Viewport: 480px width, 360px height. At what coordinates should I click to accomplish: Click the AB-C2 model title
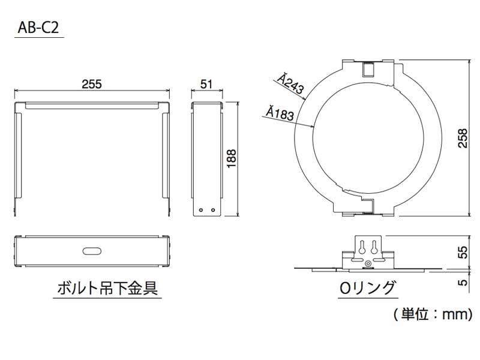click(x=38, y=28)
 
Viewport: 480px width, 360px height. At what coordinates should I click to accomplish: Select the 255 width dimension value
click(x=92, y=84)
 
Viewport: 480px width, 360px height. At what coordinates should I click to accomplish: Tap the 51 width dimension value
click(x=206, y=84)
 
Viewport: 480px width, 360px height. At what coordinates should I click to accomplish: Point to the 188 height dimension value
click(x=232, y=158)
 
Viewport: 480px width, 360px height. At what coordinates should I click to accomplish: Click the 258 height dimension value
click(x=463, y=139)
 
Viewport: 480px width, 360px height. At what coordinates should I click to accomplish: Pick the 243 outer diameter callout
click(x=290, y=83)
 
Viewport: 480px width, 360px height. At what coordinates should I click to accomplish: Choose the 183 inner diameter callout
click(x=280, y=113)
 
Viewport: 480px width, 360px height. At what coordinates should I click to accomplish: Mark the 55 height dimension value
click(x=463, y=252)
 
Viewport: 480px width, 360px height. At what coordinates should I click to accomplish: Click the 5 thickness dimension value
click(x=463, y=281)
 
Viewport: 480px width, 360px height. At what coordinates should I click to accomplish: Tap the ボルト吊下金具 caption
click(x=108, y=288)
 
